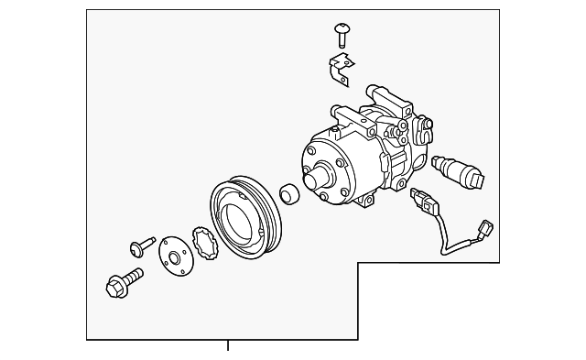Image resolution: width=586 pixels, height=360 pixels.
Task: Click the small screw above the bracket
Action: [342, 35]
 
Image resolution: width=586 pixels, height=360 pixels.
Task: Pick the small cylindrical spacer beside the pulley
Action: [288, 195]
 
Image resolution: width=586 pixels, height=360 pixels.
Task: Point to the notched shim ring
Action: [205, 242]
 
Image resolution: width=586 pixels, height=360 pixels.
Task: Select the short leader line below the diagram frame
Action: [228, 345]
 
